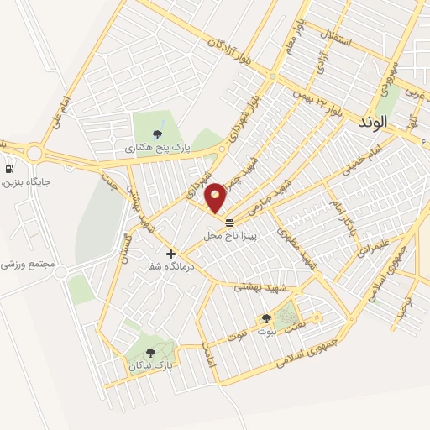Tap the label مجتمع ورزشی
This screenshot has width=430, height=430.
coord(28,264)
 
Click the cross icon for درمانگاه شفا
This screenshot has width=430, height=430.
coord(170,253)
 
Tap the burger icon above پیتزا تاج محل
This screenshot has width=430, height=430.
coord(229,222)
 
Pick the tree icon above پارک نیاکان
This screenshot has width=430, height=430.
coord(151,353)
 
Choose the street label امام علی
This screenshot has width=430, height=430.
coord(60,112)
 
